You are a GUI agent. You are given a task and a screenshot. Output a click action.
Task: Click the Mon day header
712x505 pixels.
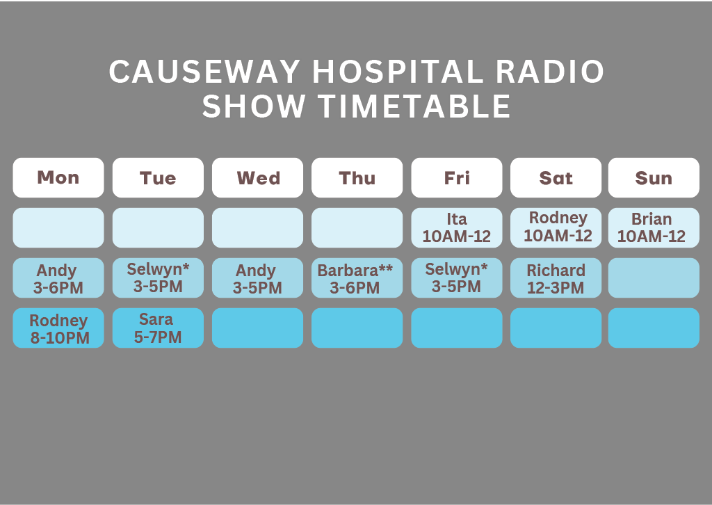tap(58, 177)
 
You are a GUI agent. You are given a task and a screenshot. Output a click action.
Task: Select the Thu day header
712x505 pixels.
tap(357, 177)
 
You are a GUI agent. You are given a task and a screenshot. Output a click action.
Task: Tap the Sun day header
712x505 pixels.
tap(654, 177)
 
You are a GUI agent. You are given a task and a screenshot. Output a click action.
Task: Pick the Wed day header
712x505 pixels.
tap(257, 177)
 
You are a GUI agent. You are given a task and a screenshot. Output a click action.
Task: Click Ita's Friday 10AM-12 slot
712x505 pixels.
tap(456, 227)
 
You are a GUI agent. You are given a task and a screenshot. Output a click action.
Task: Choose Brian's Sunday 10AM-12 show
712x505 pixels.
tap(654, 227)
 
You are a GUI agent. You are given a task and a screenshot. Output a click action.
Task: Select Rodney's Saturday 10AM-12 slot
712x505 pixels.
tap(556, 227)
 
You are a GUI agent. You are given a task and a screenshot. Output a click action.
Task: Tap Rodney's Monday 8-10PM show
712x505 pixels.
tap(58, 328)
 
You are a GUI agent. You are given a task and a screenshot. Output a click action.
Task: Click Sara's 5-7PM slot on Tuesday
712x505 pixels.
tap(158, 328)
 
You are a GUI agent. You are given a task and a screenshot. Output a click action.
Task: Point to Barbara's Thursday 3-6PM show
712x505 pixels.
tap(357, 278)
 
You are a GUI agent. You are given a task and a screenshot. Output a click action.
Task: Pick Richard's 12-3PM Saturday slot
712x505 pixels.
tap(556, 278)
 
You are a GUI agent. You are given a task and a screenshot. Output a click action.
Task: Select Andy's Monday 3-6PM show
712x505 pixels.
tap(58, 278)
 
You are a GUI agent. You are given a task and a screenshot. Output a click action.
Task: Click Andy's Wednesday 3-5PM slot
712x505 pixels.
tap(257, 278)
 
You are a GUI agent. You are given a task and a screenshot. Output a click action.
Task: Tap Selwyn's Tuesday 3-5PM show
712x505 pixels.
tap(158, 278)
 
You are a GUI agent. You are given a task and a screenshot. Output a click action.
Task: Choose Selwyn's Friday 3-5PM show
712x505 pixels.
tap(456, 278)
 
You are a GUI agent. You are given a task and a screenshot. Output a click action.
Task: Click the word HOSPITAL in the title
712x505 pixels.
tap(398, 72)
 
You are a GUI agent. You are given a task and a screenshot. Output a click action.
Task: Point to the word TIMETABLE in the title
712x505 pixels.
tap(414, 106)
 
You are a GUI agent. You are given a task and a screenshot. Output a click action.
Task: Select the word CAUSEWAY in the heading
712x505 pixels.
tap(204, 72)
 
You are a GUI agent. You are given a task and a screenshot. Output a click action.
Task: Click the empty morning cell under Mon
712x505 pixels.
tap(58, 227)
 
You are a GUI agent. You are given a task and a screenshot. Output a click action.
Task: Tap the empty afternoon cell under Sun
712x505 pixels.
tap(654, 278)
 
